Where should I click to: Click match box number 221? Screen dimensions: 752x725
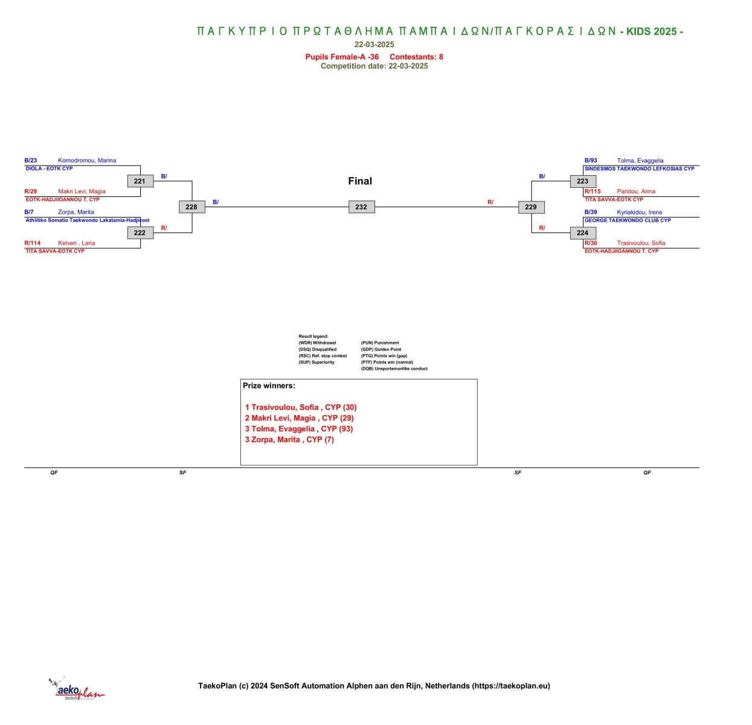coord(140,181)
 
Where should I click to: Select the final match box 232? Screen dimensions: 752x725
coord(361,207)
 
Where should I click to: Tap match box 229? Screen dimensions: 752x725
coord(531,207)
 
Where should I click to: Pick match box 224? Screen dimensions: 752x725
coord(583,233)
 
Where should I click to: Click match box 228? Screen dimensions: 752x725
coord(191,207)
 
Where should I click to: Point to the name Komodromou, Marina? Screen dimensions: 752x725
coord(87,160)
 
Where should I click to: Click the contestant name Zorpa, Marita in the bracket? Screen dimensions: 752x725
coord(76,212)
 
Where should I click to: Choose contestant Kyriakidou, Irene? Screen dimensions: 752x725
coord(639,212)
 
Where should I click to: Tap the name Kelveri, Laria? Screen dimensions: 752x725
coord(76,243)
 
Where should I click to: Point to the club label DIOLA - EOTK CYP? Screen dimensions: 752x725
coord(49,169)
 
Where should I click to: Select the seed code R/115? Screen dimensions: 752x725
coord(593,192)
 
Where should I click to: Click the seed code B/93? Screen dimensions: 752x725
coord(591,160)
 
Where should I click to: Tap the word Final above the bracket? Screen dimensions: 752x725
coord(360,181)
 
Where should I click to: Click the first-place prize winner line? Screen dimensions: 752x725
coord(301,407)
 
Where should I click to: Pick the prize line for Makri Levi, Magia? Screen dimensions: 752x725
coord(299,417)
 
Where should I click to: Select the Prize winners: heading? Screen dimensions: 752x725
coord(269,385)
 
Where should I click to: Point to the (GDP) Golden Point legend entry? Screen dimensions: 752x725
coord(381,349)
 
